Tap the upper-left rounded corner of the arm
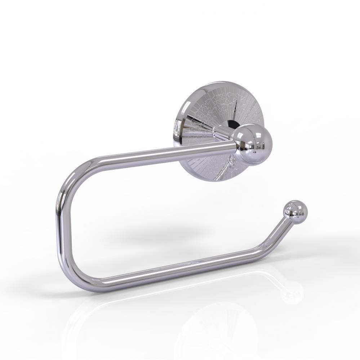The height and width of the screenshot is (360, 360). [74, 173]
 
